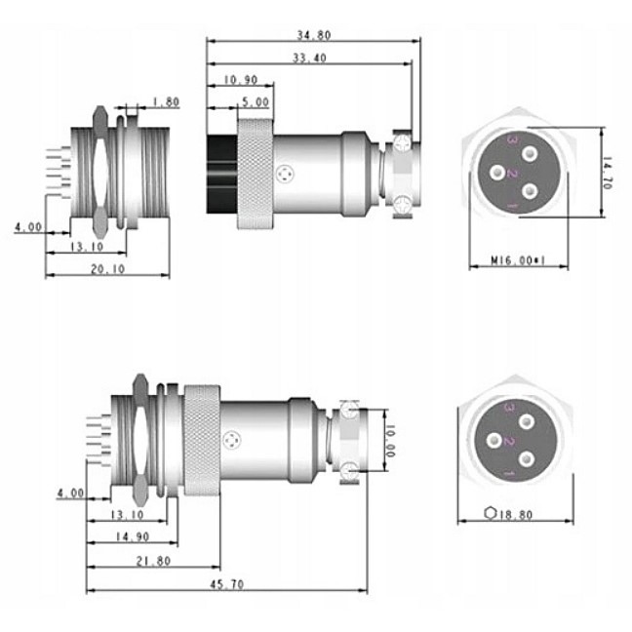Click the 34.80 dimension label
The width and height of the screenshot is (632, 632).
tap(314, 35)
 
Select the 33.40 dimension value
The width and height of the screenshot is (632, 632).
tap(309, 59)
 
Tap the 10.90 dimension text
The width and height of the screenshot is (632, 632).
tap(240, 80)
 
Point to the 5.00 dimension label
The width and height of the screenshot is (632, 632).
tap(256, 102)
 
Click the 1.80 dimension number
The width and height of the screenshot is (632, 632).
tap(166, 102)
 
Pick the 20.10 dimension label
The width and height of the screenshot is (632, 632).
tap(107, 269)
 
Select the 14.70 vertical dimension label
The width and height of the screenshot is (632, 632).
tap(607, 173)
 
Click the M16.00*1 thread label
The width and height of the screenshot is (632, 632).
tap(518, 260)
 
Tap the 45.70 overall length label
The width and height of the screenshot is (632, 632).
tap(227, 584)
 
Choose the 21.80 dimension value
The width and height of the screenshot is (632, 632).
tap(153, 561)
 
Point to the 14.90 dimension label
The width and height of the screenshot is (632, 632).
tap(133, 536)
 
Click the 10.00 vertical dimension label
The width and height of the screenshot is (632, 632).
tap(390, 441)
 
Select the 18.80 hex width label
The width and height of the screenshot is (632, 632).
tap(516, 515)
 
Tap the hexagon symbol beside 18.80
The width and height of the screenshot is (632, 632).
tap(491, 513)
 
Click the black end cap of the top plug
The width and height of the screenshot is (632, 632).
tap(221, 175)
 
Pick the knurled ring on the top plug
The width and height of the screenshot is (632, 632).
tap(256, 174)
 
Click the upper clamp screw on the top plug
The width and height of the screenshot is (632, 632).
tap(402, 141)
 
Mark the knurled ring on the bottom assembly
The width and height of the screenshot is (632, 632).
tap(202, 440)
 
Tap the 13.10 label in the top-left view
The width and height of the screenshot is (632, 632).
tap(87, 247)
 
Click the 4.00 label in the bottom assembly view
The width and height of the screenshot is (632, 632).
tap(70, 493)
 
